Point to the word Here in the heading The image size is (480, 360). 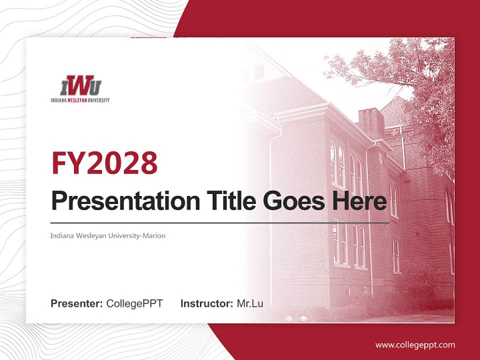pyautogui.click(x=360, y=201)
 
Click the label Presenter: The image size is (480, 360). pyautogui.click(x=77, y=303)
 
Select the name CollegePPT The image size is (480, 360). pyautogui.click(x=134, y=303)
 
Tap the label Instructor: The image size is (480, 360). pyautogui.click(x=206, y=303)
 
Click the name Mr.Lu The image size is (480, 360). pyautogui.click(x=250, y=303)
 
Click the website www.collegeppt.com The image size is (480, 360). pyautogui.click(x=415, y=344)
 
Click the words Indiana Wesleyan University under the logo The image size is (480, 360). pyautogui.click(x=80, y=100)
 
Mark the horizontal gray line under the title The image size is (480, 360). pyautogui.click(x=220, y=222)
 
